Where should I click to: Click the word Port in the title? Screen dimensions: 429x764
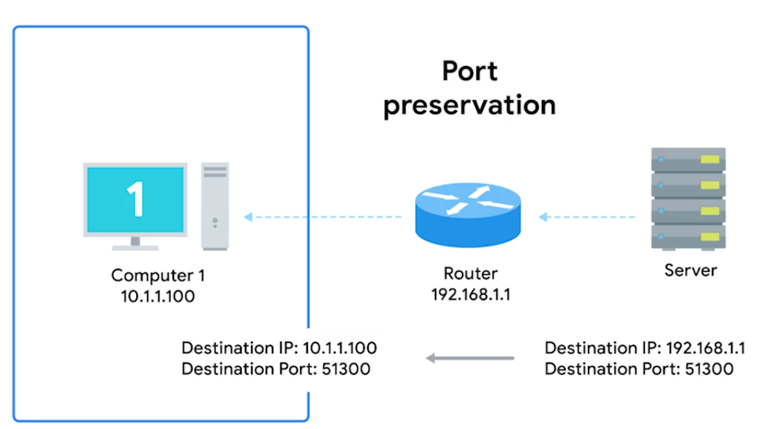[x=470, y=71]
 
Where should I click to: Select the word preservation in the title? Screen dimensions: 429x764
[x=470, y=105]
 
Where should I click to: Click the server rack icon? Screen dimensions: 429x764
[x=688, y=198]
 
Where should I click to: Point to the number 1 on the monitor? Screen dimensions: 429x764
[x=136, y=198]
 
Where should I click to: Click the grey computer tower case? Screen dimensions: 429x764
[x=215, y=206]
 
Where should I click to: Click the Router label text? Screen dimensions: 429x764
[x=471, y=274]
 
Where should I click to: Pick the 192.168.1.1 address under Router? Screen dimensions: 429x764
[x=471, y=294]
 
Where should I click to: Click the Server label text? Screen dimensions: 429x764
[x=690, y=270]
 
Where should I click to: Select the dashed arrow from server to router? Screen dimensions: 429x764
[x=589, y=216]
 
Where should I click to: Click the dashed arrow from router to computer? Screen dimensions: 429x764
[x=322, y=216]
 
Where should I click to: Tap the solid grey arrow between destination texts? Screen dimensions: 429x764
[x=470, y=358]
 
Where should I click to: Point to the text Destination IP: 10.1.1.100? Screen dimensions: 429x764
[x=279, y=348]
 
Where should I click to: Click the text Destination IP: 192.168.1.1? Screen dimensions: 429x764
[x=644, y=348]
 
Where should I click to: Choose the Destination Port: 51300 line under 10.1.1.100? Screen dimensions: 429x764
[x=276, y=369]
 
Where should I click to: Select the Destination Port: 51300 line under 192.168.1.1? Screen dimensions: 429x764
[x=639, y=369]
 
